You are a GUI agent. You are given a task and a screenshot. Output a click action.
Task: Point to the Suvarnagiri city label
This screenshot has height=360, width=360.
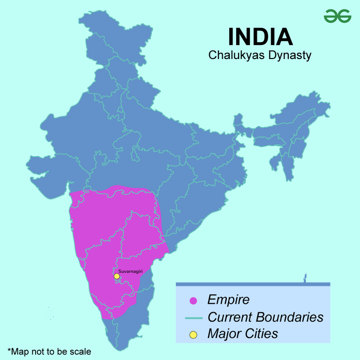[129, 271]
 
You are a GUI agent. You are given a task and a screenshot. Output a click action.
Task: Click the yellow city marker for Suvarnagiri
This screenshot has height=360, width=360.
[117, 277]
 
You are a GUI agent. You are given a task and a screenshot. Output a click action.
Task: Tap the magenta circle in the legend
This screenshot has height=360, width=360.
[193, 300]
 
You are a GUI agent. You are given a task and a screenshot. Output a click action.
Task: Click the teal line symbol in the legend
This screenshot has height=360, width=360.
[193, 318]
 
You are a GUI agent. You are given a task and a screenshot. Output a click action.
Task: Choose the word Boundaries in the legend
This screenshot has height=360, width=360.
[291, 317]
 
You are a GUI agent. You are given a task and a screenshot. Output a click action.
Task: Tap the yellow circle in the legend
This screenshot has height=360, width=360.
[193, 334]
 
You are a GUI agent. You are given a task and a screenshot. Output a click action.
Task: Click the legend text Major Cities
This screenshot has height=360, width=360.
[242, 334]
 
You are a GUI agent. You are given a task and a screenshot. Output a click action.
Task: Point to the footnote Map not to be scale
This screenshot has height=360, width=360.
[49, 351]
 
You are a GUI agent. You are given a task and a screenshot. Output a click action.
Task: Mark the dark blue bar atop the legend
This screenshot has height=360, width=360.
[253, 284]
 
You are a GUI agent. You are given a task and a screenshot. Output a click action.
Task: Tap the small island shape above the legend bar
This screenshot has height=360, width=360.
[304, 278]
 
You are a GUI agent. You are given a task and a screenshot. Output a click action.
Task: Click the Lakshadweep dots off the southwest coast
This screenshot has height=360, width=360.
[50, 313]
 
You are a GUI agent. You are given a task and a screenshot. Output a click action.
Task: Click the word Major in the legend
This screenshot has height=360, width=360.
[224, 334]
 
